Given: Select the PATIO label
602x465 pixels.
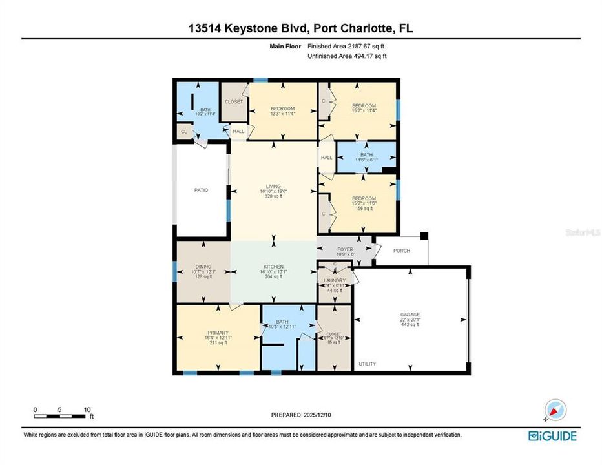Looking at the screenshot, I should click(x=200, y=190).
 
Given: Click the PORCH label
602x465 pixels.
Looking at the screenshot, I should click(x=402, y=251).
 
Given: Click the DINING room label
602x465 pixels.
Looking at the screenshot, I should click(x=203, y=267).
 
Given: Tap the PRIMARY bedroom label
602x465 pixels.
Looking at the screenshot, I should click(x=200, y=333).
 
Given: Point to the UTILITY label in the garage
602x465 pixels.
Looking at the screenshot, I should click(x=368, y=364).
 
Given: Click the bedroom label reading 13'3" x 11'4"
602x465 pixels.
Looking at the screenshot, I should click(x=282, y=108).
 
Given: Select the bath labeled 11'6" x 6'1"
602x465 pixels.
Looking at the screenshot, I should click(x=366, y=155).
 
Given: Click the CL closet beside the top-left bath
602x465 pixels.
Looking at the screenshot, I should click(x=184, y=132).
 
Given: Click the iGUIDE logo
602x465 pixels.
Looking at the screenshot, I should click(x=552, y=435).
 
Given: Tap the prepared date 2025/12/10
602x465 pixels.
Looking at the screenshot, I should click(x=301, y=414).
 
